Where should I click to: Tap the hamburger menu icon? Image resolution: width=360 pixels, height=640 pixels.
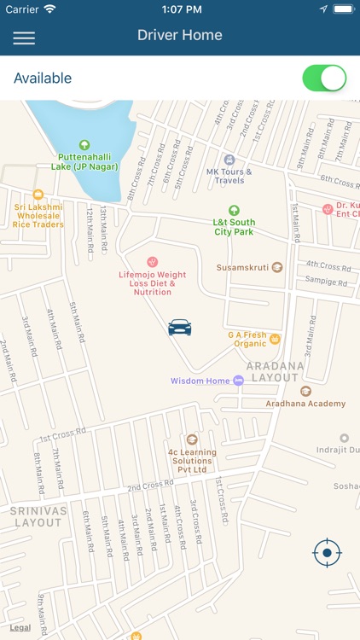pos(24,38)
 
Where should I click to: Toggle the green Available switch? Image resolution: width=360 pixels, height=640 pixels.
pos(324,78)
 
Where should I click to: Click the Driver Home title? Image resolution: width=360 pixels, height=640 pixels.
pos(180,36)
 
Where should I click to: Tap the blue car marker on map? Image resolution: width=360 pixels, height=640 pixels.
pos(180,327)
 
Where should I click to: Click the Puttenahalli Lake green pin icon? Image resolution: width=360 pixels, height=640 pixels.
pos(84,146)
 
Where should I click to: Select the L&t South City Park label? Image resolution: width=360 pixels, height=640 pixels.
pos(234,226)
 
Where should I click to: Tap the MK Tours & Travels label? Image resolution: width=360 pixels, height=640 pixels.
pos(229,176)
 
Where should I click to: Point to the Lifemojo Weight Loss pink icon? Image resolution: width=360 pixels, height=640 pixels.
pos(153,261)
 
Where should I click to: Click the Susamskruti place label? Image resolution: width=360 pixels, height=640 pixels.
pos(243,267)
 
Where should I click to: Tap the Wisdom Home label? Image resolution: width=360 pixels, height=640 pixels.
pos(200,381)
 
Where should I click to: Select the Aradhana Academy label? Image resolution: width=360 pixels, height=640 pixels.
pos(305,403)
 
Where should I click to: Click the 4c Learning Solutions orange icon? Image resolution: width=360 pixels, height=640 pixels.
pos(192,439)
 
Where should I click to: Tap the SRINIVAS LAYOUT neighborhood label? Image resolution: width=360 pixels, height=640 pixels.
pos(38,516)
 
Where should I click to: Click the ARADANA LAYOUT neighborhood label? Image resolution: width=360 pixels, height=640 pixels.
pos(275,371)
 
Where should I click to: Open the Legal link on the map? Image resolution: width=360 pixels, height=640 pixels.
pos(20,627)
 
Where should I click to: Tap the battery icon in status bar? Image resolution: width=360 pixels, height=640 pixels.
pos(343,9)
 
